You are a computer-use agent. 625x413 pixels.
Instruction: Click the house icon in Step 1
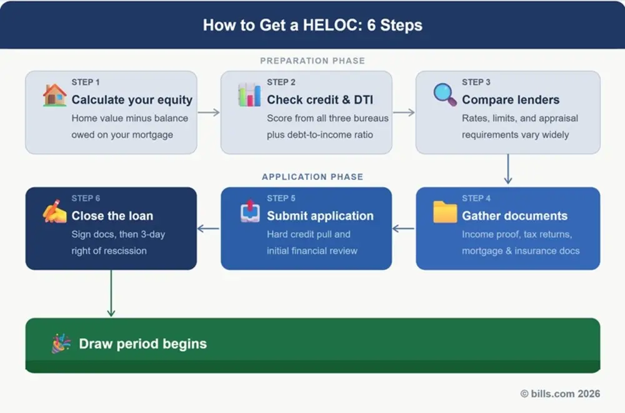tap(54, 96)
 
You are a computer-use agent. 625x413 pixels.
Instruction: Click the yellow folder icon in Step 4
tap(445, 212)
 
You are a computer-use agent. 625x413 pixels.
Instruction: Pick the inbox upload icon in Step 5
tap(249, 211)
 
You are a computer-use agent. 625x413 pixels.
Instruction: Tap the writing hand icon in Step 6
tap(54, 211)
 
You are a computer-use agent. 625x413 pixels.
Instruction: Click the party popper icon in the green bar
tap(61, 344)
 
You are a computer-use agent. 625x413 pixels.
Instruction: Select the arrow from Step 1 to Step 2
tap(209, 112)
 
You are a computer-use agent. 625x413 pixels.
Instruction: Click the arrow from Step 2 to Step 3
tap(404, 112)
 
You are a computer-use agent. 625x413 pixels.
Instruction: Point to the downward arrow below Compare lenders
tap(507, 169)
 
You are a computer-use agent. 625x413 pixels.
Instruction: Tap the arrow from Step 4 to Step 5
tap(404, 229)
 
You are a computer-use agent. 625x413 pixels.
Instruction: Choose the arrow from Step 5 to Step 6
tap(209, 229)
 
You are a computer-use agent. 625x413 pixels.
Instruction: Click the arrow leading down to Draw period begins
tap(111, 293)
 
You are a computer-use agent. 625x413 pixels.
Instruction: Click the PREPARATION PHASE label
tap(312, 61)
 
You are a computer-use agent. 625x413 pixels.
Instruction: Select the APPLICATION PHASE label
tap(312, 177)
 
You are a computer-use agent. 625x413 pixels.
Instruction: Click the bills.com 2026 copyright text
tap(560, 394)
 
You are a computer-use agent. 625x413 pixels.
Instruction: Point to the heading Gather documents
tap(514, 216)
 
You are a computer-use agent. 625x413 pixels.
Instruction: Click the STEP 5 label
tap(281, 198)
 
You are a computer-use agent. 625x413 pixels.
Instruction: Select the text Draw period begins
tap(142, 344)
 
